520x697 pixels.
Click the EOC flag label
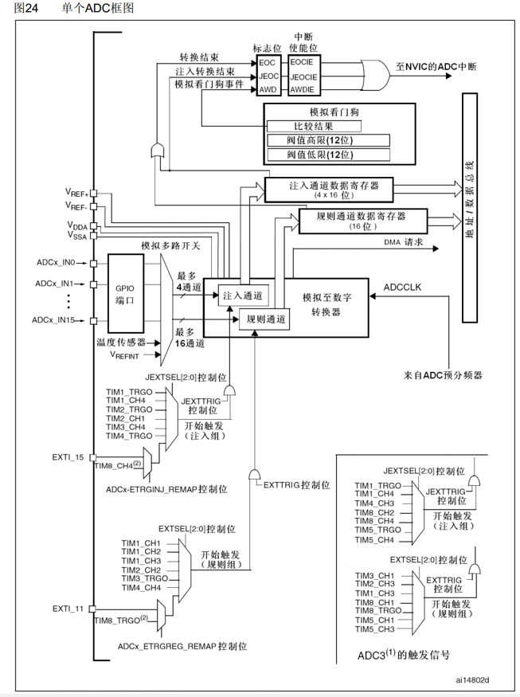tap(267, 62)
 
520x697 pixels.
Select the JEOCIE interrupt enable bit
tap(304, 76)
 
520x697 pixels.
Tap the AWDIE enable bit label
tap(303, 91)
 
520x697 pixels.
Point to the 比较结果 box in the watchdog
tap(314, 126)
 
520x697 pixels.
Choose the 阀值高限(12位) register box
tap(327, 140)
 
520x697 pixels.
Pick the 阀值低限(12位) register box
tap(327, 155)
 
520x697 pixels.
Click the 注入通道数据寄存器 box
tap(328, 189)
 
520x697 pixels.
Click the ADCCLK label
tap(404, 285)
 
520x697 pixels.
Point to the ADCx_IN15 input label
tap(53, 320)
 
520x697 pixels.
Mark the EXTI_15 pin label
tap(68, 458)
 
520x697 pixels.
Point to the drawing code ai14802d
tap(472, 679)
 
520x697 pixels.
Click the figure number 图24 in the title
tap(17, 8)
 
